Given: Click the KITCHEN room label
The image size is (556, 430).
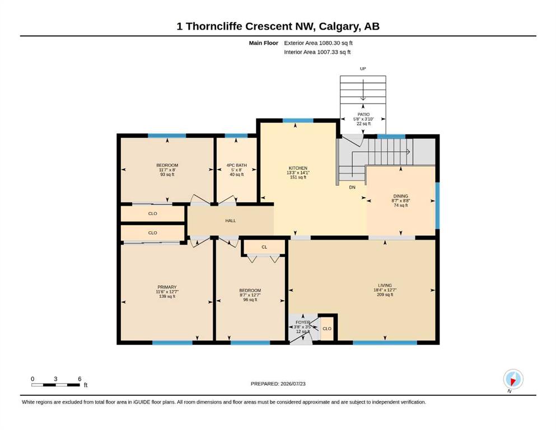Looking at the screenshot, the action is (298, 168).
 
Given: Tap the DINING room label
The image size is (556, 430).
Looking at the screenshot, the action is (401, 196).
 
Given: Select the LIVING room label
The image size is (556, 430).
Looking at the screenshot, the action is (385, 286).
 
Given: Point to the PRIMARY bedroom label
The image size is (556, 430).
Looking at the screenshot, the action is (167, 287).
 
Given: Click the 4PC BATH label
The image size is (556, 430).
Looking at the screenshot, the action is (236, 165).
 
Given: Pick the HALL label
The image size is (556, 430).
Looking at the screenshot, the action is (231, 221).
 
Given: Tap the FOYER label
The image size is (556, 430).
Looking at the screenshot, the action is (303, 322).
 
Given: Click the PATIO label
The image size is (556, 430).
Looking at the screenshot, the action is (363, 115).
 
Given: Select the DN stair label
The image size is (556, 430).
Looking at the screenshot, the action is (352, 187).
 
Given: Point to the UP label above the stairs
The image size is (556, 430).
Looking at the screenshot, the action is (363, 69).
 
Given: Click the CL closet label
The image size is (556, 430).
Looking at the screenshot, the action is (264, 247).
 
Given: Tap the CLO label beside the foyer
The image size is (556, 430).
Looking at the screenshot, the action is (327, 329).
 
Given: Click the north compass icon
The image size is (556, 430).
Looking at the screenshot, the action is (513, 379).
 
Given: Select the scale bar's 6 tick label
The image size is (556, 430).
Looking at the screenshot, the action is (80, 379).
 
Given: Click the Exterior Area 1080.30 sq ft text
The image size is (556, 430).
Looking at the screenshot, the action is (318, 43).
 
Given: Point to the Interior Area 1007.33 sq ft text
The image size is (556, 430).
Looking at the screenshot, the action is (317, 52).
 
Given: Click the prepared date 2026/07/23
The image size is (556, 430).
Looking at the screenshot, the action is (293, 384).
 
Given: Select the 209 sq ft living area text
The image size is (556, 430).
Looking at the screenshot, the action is (385, 295).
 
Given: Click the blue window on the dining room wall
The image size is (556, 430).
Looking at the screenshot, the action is (437, 205).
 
